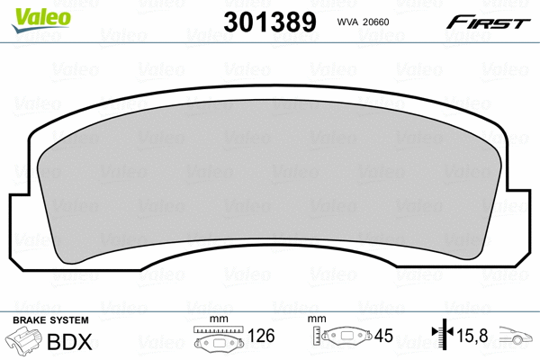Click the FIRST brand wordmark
tap(495, 22)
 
